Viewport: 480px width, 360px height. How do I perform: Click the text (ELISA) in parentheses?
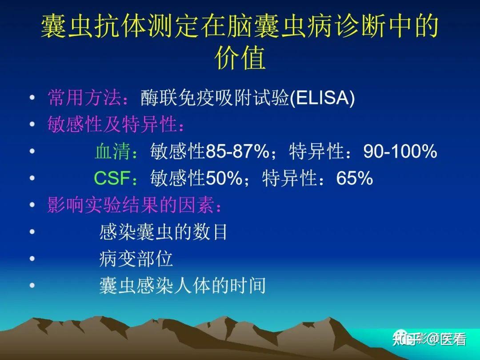click(x=322, y=98)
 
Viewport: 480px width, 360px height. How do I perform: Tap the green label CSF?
click(x=112, y=178)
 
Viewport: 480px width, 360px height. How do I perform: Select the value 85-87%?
click(x=238, y=151)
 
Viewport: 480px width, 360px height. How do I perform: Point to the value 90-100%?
click(x=400, y=151)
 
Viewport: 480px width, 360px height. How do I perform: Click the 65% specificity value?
click(x=355, y=178)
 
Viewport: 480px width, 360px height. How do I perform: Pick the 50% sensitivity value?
click(x=224, y=178)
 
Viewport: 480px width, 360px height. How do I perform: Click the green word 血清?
click(x=112, y=151)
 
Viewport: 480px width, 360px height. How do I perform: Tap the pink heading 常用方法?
click(x=84, y=98)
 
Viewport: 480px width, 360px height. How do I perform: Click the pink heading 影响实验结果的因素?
click(x=131, y=204)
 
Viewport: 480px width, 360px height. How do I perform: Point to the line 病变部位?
click(x=136, y=259)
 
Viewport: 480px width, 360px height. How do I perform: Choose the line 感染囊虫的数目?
click(x=163, y=232)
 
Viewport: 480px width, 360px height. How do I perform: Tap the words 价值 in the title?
click(x=240, y=57)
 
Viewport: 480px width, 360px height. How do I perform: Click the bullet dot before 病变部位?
click(x=32, y=259)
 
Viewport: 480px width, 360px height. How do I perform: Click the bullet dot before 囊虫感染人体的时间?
click(x=32, y=285)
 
